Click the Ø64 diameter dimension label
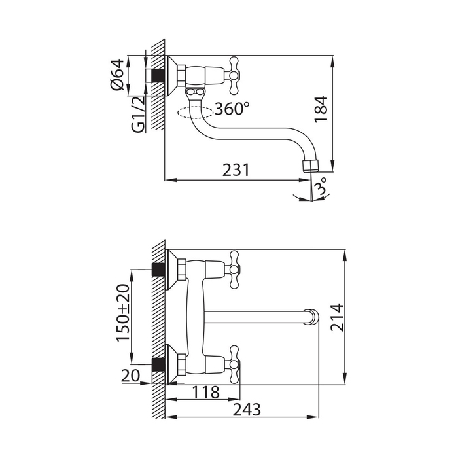click(x=117, y=75)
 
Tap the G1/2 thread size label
click(x=139, y=114)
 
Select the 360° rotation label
click(x=232, y=109)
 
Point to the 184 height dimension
click(x=321, y=109)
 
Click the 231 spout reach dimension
click(x=236, y=170)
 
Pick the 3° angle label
click(x=321, y=186)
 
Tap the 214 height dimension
click(x=337, y=317)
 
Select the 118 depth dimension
click(x=206, y=393)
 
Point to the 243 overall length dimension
click(x=247, y=410)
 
